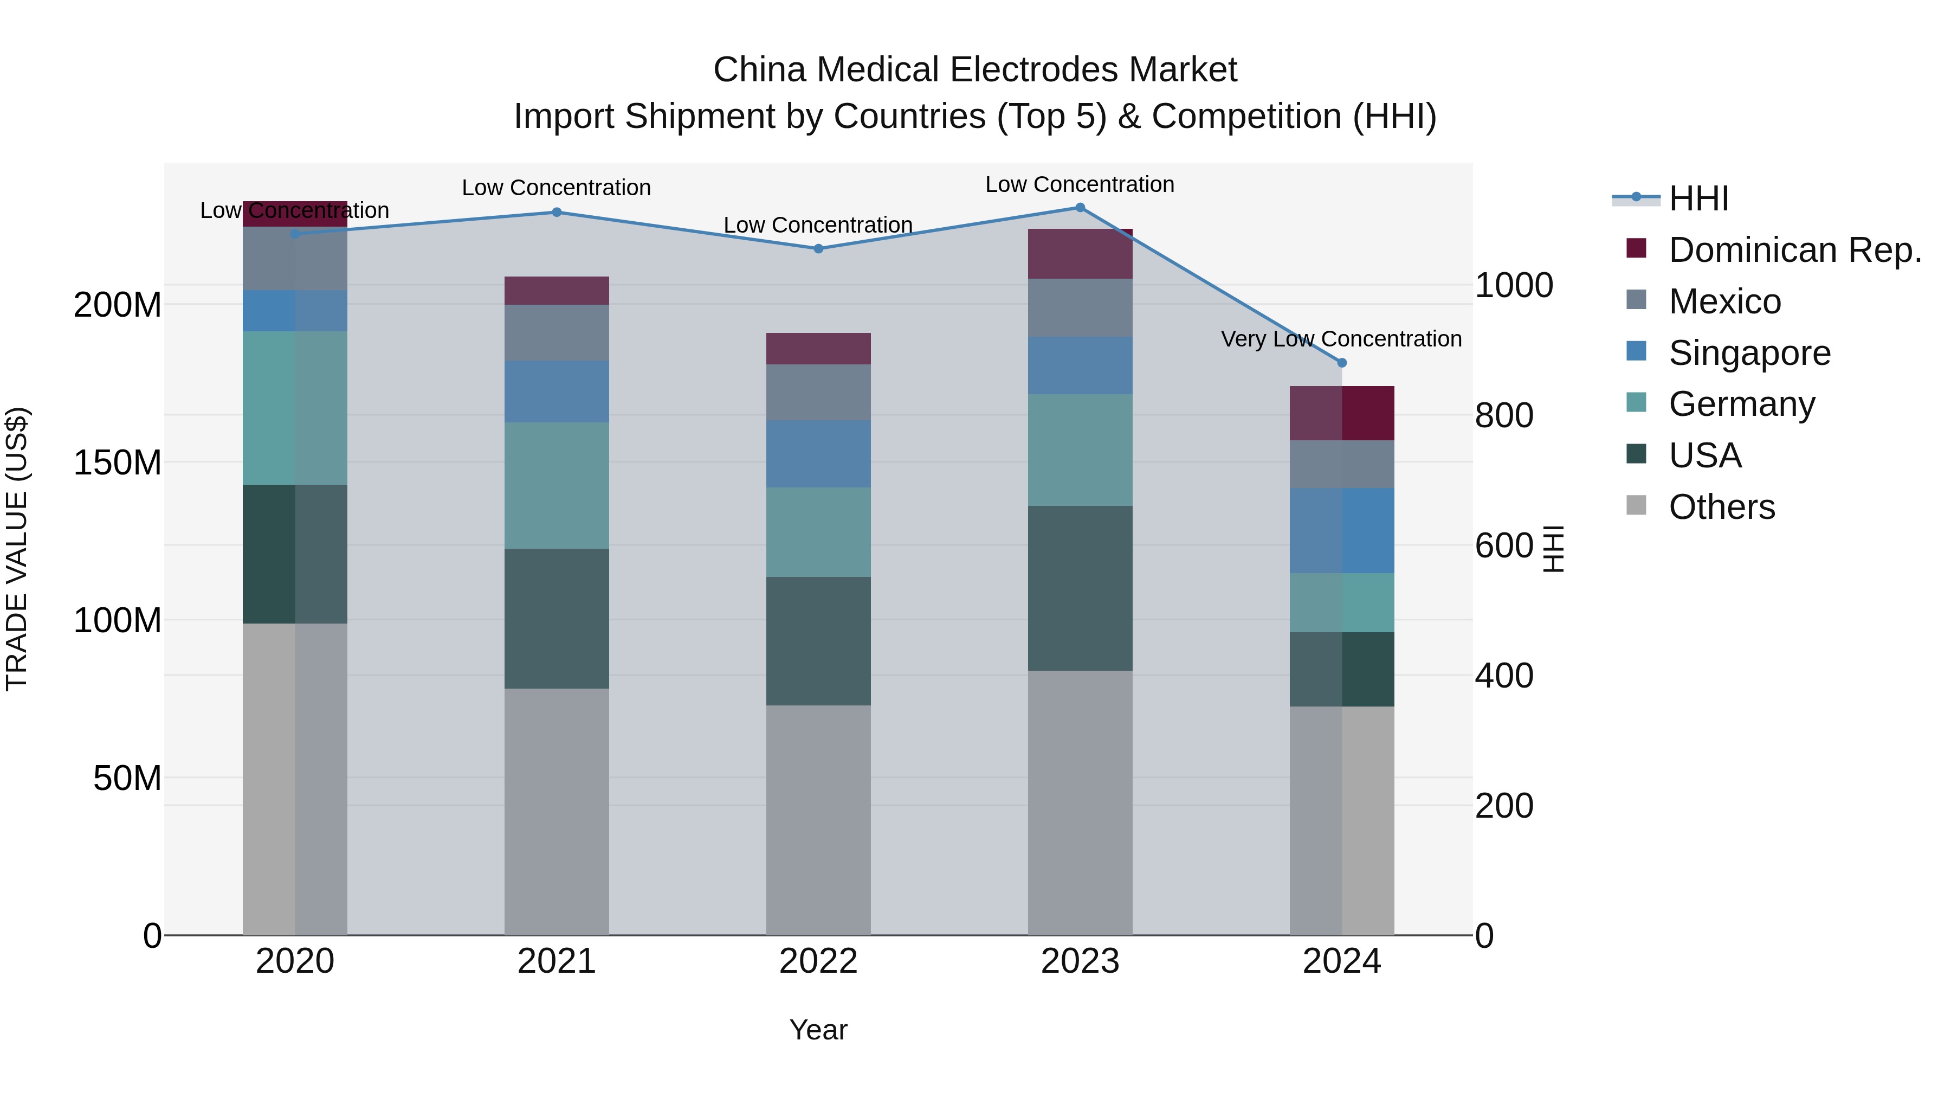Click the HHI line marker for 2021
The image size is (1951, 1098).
pos(557,212)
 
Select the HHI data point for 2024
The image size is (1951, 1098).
pos(1342,363)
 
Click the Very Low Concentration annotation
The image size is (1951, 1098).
pos(1341,339)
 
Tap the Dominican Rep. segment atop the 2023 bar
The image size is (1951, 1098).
pos(1080,254)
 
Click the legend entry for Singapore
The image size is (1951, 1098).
pos(1749,353)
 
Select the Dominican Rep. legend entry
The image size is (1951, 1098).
pos(1795,250)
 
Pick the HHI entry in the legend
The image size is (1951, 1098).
pos(1699,198)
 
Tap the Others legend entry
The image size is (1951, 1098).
pos(1722,507)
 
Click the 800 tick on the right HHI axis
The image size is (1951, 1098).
pos(1504,415)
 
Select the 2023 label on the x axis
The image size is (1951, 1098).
pos(1080,961)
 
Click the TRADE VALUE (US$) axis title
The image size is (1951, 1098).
pos(17,549)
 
